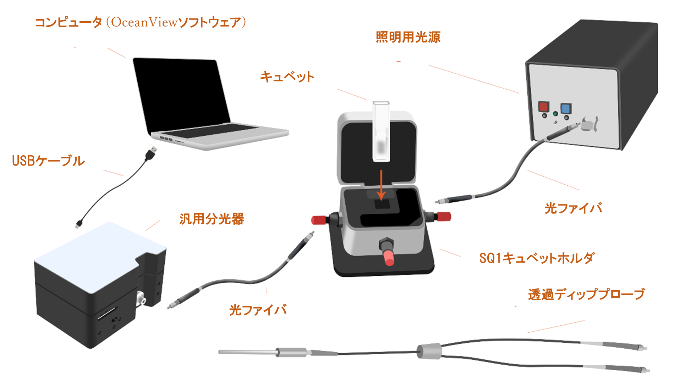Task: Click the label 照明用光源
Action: (408, 37)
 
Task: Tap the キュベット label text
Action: (287, 77)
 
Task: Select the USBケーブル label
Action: (48, 161)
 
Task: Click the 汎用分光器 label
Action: (212, 219)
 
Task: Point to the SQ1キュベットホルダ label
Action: (537, 258)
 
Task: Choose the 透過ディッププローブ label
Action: (586, 294)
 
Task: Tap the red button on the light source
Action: (543, 106)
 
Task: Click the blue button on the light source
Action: (566, 108)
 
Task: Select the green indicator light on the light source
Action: (555, 114)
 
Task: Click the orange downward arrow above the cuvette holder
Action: (381, 185)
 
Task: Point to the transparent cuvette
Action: (381, 131)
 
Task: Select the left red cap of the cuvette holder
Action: (319, 220)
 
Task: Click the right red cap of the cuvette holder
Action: (444, 217)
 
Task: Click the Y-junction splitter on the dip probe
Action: (429, 351)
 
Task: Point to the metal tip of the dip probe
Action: (247, 352)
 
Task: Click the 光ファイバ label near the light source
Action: (573, 208)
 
